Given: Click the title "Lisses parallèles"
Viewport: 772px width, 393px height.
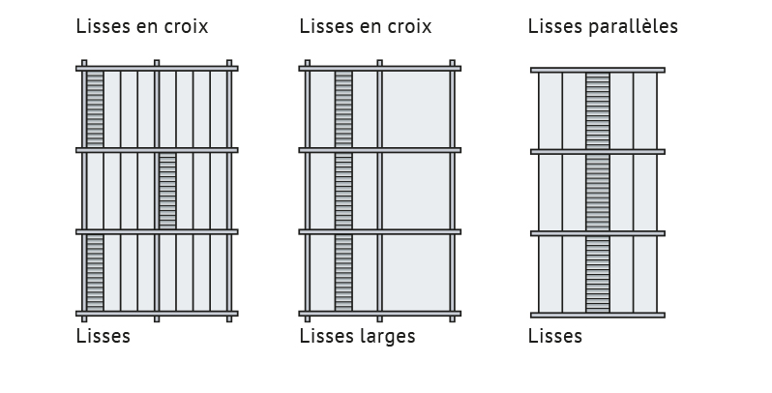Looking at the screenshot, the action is tap(603, 26).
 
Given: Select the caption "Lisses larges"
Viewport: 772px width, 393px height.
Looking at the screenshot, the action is tap(357, 336).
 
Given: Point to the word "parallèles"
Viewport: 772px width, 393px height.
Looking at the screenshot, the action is tap(633, 26).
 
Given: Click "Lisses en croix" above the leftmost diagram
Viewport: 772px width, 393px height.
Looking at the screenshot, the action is tap(142, 26).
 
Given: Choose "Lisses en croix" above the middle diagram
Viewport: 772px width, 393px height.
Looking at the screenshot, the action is tap(366, 26).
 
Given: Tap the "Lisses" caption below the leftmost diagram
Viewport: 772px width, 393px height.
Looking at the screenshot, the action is tap(104, 336).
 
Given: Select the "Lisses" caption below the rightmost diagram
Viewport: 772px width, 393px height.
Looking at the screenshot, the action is tap(555, 336).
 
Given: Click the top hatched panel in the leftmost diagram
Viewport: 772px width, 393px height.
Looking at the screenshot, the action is tap(95, 109).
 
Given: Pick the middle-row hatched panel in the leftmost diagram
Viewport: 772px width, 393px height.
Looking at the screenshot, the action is tap(167, 191).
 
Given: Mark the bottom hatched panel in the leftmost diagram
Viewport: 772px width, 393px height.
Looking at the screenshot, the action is tap(95, 273).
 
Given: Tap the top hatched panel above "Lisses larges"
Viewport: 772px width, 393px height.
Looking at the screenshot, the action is tap(343, 109).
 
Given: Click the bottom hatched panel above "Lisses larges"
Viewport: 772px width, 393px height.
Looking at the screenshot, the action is tap(343, 273).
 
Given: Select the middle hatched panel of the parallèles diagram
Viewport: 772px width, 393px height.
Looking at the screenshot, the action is tap(598, 193).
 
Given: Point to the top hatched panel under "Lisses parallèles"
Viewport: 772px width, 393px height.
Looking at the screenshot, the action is tap(598, 110).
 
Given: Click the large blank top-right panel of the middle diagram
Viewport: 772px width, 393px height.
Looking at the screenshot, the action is tap(416, 109).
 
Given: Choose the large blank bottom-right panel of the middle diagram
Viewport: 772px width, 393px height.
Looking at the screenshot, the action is tap(416, 273).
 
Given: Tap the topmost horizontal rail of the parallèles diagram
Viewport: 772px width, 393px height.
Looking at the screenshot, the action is tap(598, 70).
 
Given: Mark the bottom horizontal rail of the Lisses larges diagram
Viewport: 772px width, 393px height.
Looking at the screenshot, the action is tap(379, 314).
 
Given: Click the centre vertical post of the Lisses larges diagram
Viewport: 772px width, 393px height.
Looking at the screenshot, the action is tap(379, 191).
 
